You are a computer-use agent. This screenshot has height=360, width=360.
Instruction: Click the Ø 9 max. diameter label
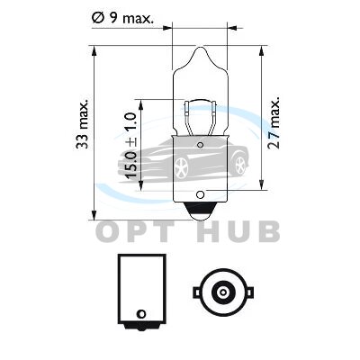pos(122,18)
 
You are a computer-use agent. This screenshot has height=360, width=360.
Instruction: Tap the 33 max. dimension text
pos(82,123)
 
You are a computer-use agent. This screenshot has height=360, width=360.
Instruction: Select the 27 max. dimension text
pos(274,122)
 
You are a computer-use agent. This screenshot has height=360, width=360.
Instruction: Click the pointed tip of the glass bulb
pos(200,47)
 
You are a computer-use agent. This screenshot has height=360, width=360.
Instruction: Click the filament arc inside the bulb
pos(200,101)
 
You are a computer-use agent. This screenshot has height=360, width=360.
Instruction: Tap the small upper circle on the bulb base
pos(200,146)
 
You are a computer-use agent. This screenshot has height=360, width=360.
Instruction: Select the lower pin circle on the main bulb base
pos(200,194)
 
